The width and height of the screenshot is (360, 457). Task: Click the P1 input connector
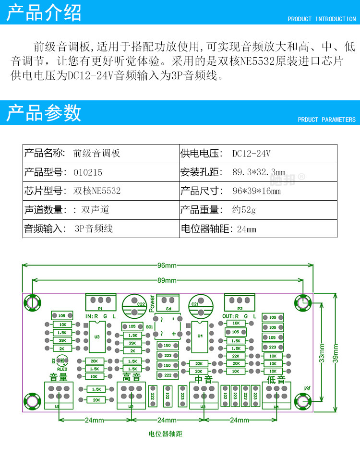(x=101, y=302)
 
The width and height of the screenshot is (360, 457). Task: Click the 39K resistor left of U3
(x=62, y=340)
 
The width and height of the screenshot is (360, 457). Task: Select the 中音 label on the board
(x=204, y=379)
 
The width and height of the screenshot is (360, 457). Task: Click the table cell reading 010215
(x=88, y=172)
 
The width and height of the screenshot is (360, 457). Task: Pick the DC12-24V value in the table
(x=252, y=154)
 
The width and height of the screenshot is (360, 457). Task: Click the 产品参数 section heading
(x=44, y=113)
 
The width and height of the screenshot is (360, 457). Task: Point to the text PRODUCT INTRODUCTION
(x=322, y=19)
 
